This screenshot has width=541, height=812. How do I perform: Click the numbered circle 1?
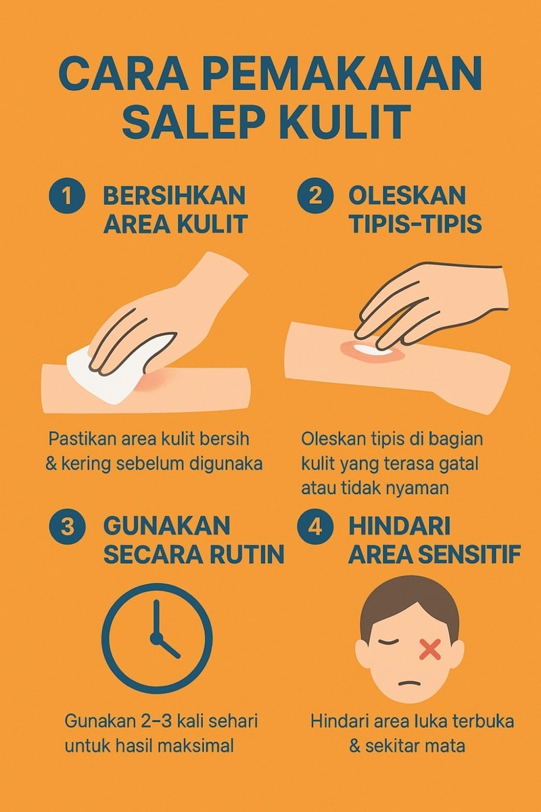pos(67,197)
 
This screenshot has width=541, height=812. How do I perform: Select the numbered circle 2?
pos(315,197)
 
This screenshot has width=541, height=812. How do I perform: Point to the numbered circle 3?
pos(67,527)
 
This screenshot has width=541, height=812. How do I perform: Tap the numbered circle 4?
pos(315,527)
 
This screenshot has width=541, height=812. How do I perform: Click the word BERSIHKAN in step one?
pos(174,196)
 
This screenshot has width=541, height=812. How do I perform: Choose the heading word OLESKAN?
pos(407,196)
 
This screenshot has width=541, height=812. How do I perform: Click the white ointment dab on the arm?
pos(371,349)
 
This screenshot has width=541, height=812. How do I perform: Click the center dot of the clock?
pos(156,638)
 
